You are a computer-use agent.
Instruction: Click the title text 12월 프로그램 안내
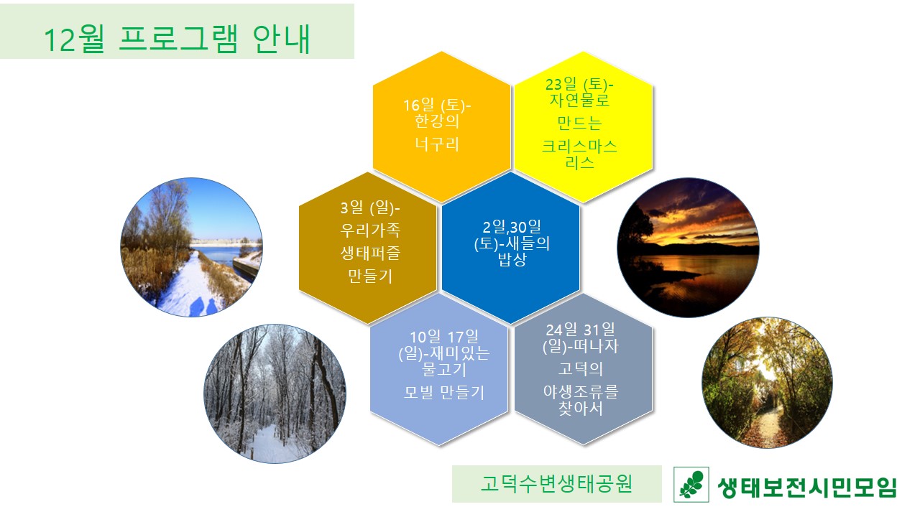point(177,39)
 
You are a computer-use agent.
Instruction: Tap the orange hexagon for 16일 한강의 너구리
point(441,127)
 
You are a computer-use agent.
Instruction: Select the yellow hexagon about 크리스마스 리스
point(583,127)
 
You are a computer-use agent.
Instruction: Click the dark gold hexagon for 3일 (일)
point(367,248)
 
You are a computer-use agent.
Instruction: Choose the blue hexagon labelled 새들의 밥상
point(510,248)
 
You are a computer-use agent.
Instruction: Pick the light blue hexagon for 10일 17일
point(439,369)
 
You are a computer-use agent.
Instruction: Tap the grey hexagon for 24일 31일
point(583,369)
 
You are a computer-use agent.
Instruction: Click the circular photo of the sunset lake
point(689,248)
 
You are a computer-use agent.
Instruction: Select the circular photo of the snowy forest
point(275,394)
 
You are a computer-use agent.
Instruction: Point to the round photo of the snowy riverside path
point(191,247)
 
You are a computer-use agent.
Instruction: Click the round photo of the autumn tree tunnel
point(767,383)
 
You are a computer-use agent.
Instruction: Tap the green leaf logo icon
point(691,485)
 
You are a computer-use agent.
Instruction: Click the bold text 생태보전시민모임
point(807,488)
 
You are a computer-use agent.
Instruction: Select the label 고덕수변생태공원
point(556,484)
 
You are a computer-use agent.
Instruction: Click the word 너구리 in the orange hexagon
point(437,144)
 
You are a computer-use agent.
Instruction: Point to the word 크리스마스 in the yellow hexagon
point(579,146)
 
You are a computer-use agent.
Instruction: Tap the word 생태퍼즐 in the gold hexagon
point(370,253)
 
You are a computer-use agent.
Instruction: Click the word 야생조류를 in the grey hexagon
point(580,391)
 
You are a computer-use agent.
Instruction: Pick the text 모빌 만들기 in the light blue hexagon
point(444,393)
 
